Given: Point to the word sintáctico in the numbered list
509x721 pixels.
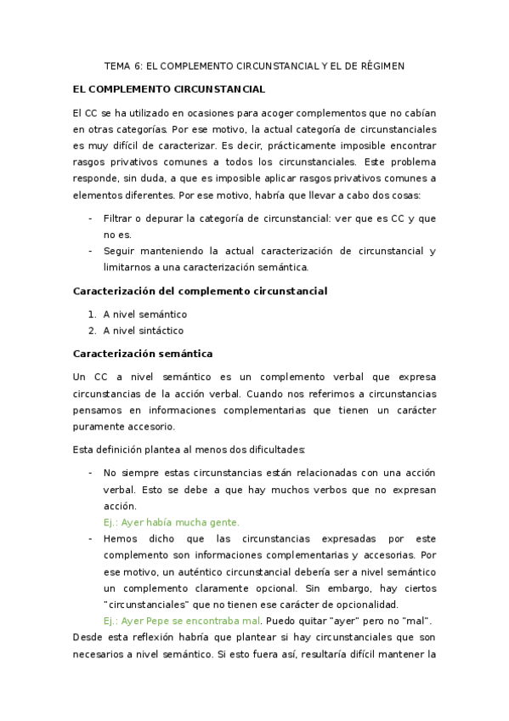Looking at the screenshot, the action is point(161,331).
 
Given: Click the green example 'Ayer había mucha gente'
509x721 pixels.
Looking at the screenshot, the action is point(171,522).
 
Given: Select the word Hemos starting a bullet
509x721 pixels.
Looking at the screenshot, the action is point(121,538).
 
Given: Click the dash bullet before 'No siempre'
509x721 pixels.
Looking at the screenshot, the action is point(90,473).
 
